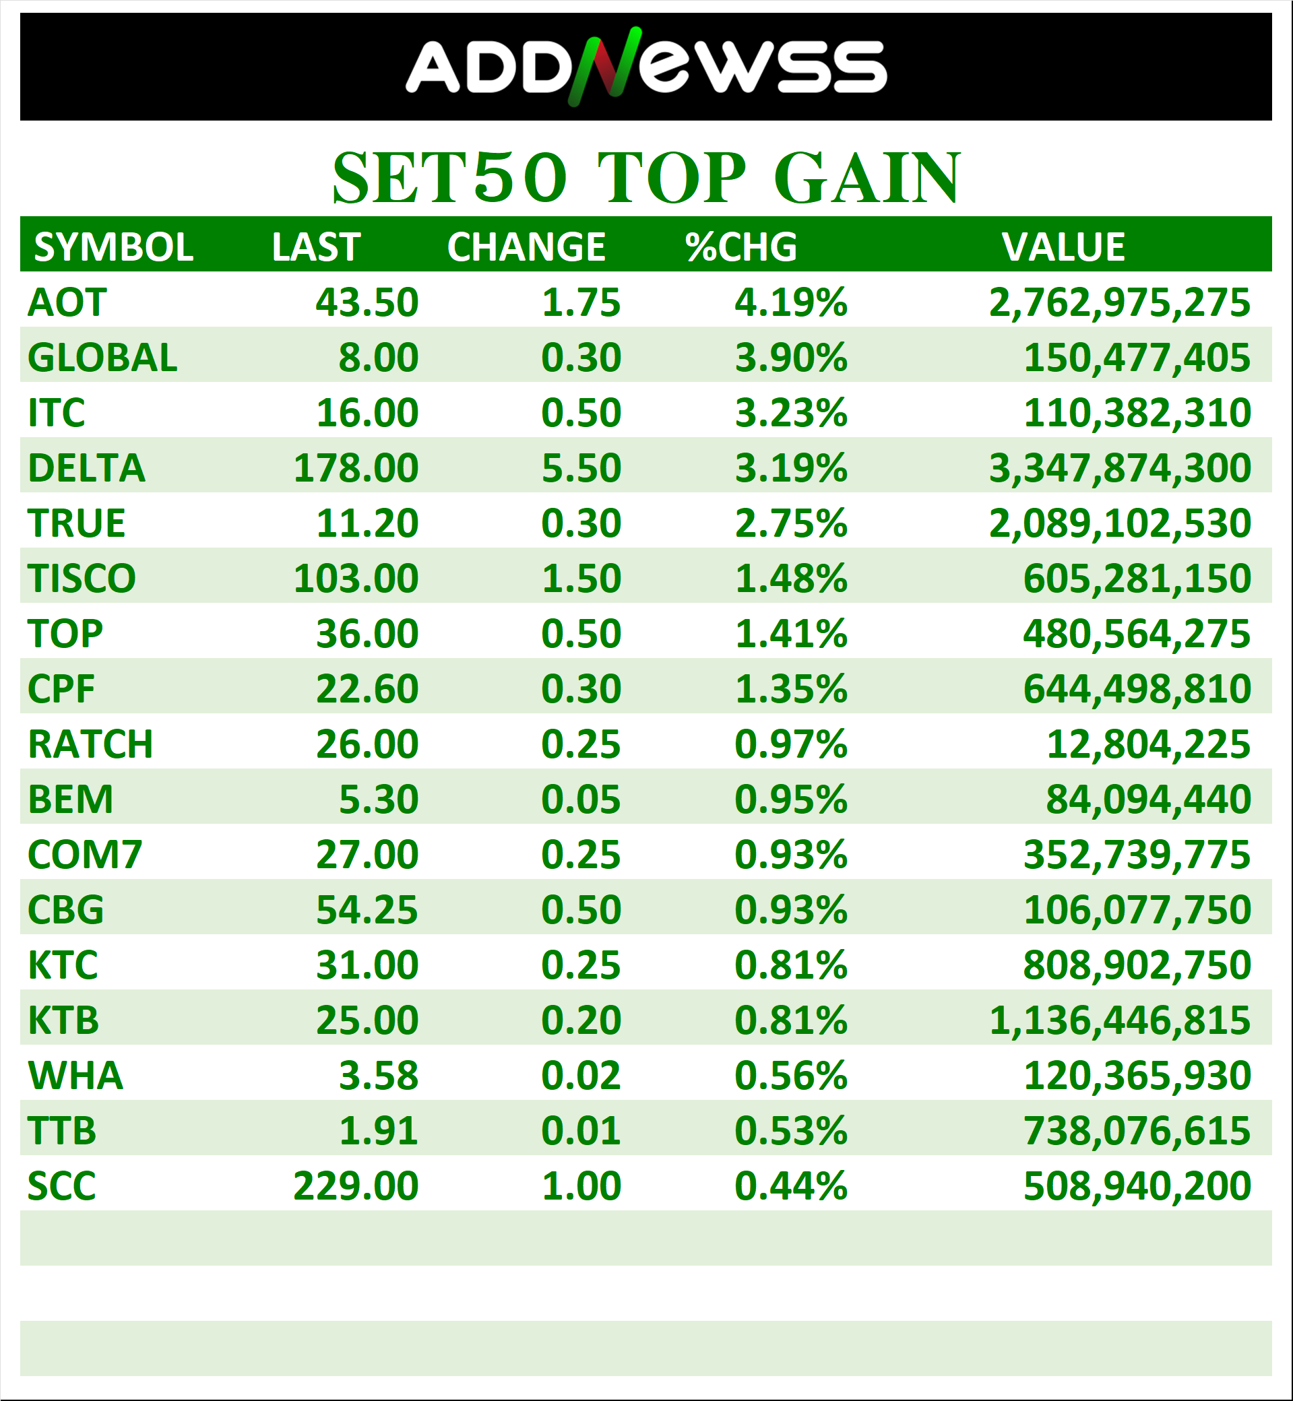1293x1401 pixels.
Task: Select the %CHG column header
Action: click(741, 247)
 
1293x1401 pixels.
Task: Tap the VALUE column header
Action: click(1063, 247)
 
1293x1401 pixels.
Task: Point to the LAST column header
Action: click(316, 247)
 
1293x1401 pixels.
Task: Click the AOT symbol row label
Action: click(67, 302)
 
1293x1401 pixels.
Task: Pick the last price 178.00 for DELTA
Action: click(356, 468)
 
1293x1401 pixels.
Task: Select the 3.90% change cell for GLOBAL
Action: click(790, 358)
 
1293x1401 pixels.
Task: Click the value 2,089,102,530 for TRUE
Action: click(1119, 523)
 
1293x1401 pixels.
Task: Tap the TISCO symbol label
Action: click(82, 579)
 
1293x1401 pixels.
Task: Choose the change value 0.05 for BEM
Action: click(581, 800)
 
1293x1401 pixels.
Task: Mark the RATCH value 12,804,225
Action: click(1148, 744)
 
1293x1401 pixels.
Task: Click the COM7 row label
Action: click(85, 855)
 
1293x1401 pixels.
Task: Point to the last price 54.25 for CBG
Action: click(367, 910)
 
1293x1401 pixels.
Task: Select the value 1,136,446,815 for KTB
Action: click(1119, 1020)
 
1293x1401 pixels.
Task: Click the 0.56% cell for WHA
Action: click(790, 1076)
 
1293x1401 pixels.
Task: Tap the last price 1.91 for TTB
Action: click(379, 1131)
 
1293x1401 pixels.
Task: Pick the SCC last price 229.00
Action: click(356, 1186)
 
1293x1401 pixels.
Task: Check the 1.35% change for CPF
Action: click(790, 689)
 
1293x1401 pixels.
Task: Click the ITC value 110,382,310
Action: click(1137, 413)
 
